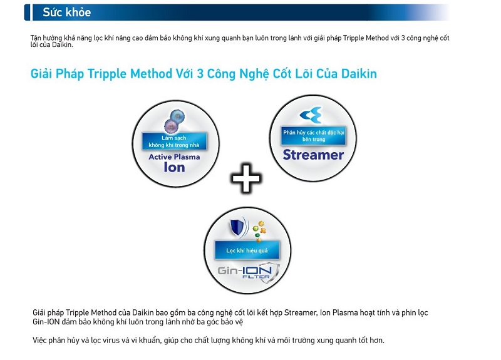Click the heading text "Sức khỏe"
coord(67,12)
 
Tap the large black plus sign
coord(245,178)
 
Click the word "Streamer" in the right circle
coord(313,155)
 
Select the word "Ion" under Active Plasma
coord(175,167)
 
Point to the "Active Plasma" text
coord(174,157)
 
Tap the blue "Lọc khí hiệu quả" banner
coord(247,250)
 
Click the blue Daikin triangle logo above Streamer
coord(311,115)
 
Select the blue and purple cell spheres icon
coord(175,121)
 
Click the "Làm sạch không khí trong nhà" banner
coord(174,141)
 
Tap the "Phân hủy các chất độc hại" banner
coord(314,136)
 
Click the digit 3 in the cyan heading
coord(200,74)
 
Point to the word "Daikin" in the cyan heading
coord(359,74)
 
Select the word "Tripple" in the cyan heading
coord(107,74)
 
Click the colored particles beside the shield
coord(259,230)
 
